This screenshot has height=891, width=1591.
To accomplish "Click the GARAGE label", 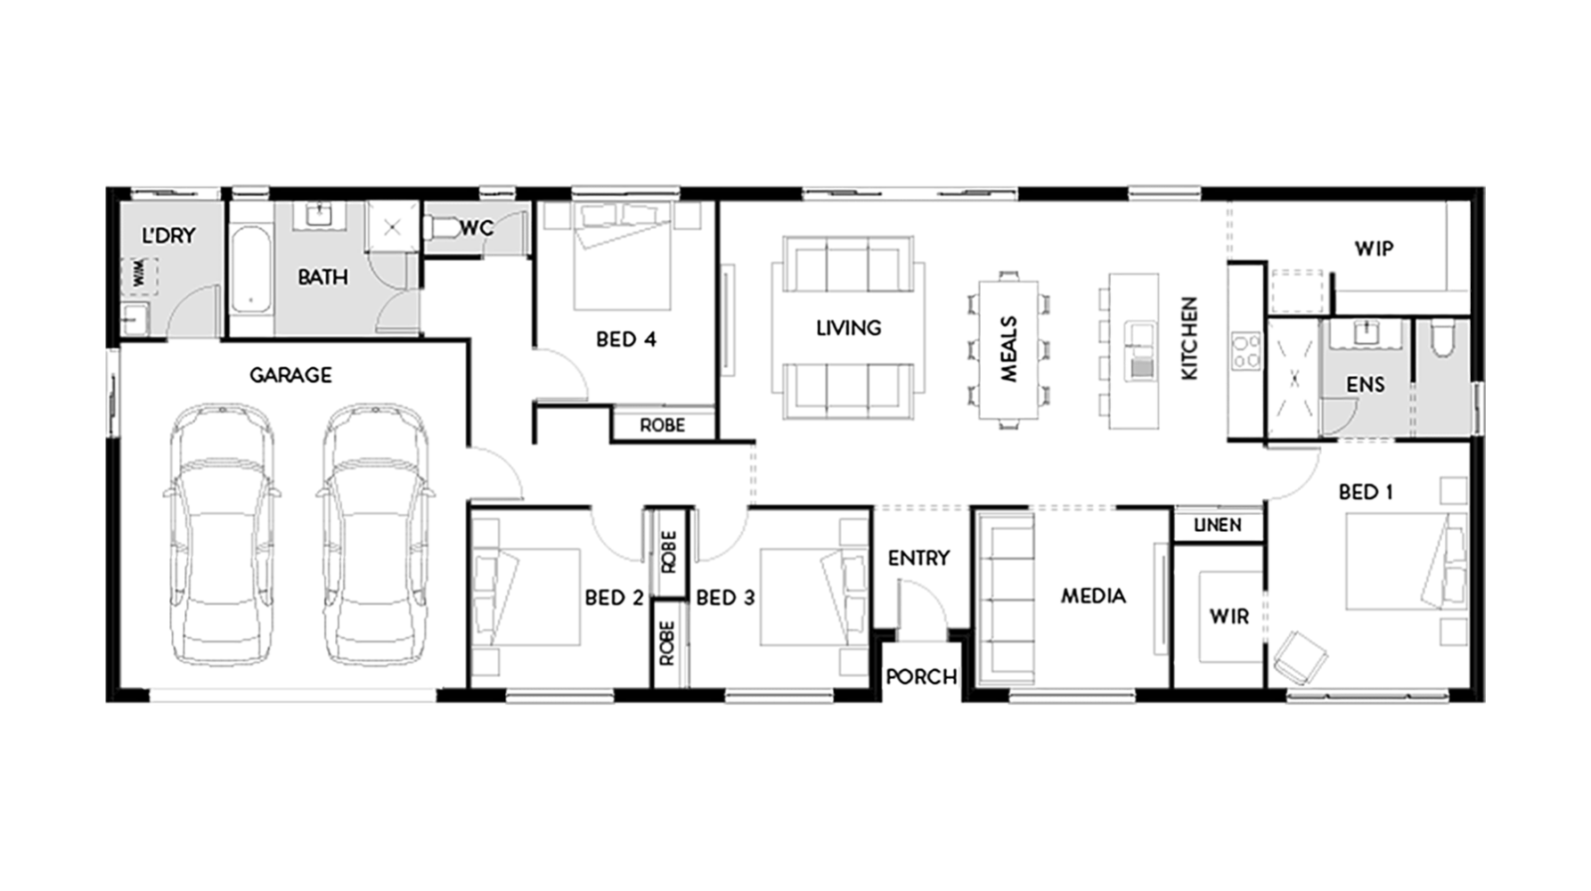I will (x=291, y=375).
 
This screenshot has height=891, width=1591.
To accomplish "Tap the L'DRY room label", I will (x=169, y=235).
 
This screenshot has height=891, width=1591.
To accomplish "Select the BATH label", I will (x=322, y=277).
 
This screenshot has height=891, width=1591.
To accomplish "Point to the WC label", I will (x=477, y=228).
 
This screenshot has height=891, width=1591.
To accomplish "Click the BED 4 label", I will (x=626, y=339).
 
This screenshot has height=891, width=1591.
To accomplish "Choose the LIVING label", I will (x=849, y=328).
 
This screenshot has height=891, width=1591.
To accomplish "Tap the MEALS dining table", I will (x=1008, y=349).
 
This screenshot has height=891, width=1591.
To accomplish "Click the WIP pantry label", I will (x=1375, y=249).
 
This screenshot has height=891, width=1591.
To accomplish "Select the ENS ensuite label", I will (x=1365, y=385).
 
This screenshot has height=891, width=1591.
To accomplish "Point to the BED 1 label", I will (x=1367, y=492).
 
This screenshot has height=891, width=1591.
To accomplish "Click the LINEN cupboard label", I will (x=1218, y=526).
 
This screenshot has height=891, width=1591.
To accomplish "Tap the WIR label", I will (x=1230, y=617).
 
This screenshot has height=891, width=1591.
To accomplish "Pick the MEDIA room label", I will (x=1093, y=596).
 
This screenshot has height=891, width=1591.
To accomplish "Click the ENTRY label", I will (x=918, y=558).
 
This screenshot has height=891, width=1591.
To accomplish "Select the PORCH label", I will (x=921, y=677).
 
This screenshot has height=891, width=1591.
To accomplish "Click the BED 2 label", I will (x=614, y=598).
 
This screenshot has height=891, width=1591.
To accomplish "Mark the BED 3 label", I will (x=725, y=598).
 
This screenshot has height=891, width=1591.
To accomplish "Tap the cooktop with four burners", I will (x=1244, y=350).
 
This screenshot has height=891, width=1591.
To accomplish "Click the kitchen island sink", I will (x=1138, y=337).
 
